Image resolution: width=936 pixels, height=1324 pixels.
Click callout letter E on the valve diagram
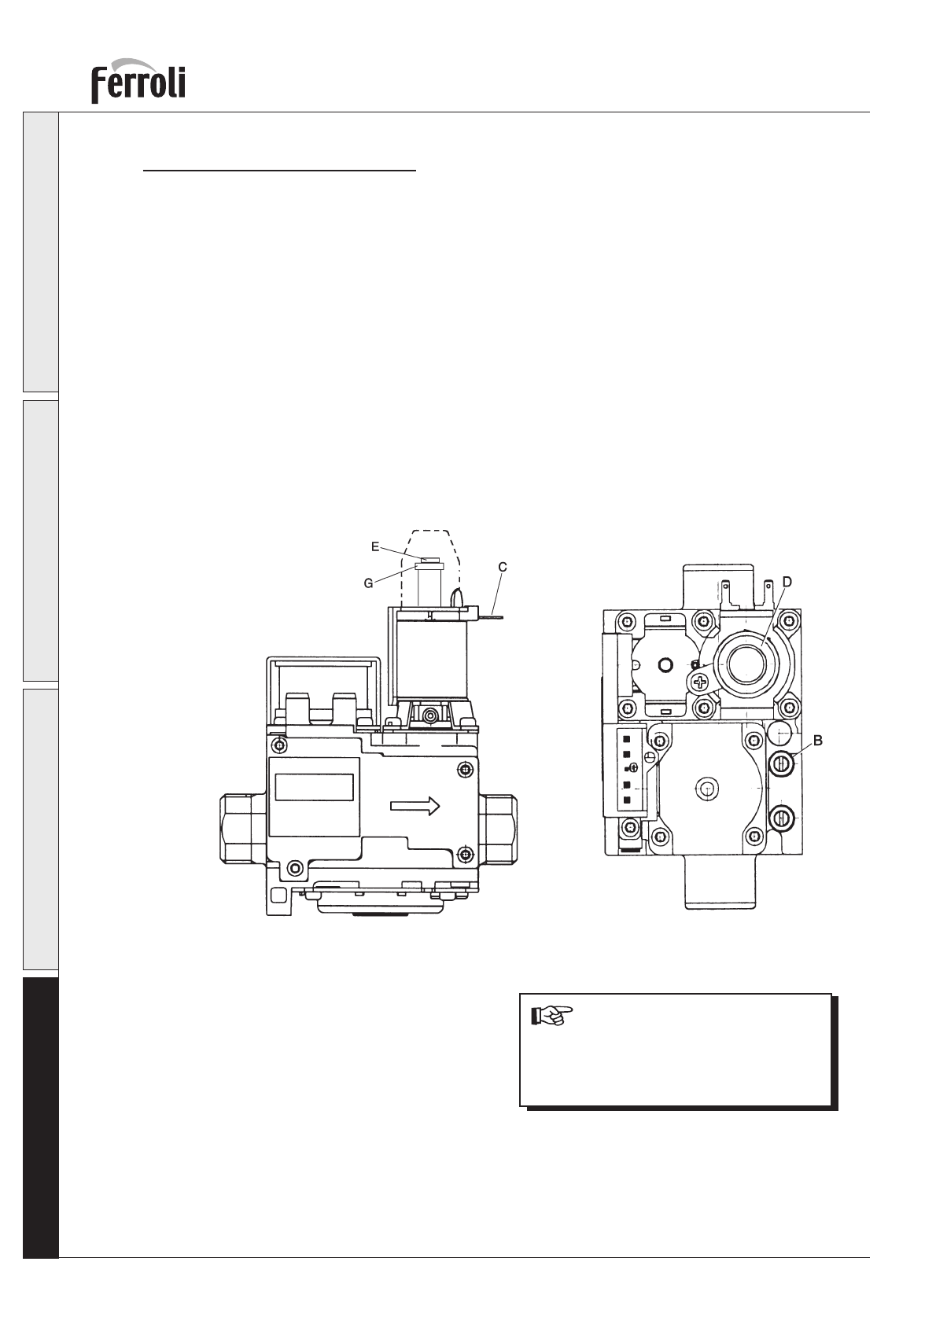click(375, 546)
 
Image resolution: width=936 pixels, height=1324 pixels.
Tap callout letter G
click(368, 583)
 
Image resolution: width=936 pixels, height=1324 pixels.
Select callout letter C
click(503, 568)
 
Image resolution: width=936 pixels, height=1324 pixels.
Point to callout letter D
click(787, 583)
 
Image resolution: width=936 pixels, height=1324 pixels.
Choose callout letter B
click(818, 740)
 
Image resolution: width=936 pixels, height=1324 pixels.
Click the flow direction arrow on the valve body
click(415, 806)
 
